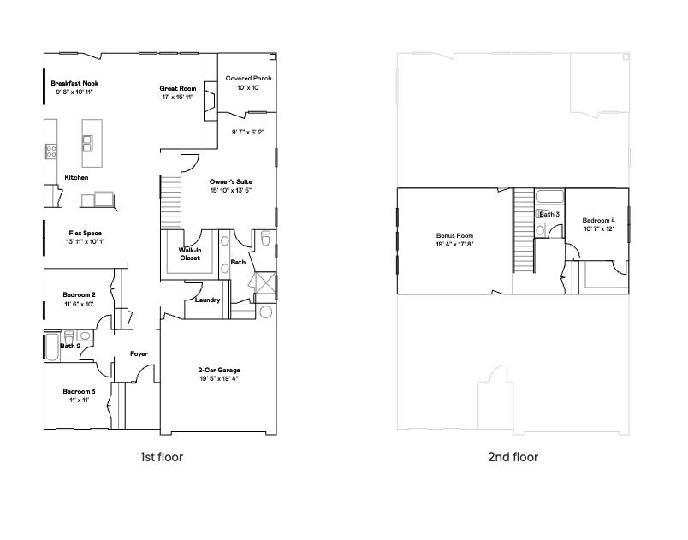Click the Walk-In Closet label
pos(189,254)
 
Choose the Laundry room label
pos(208,300)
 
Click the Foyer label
pos(139,353)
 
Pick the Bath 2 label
pos(70,346)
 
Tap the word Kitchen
pos(76,178)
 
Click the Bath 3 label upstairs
pos(549,214)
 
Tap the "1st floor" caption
pos(162,457)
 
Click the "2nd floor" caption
pos(513,457)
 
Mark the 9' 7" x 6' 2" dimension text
pos(248,132)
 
